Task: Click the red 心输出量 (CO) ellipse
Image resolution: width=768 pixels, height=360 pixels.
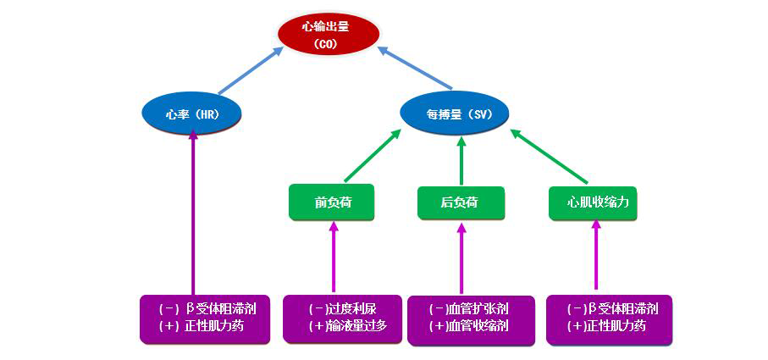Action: click(x=325, y=34)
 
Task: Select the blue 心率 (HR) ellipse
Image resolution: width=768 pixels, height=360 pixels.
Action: click(x=192, y=114)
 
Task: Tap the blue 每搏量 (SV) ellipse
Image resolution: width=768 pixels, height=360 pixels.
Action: click(x=456, y=114)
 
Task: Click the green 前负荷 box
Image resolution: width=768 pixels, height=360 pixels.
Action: click(x=332, y=202)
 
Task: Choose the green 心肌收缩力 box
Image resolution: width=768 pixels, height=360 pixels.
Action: click(x=592, y=202)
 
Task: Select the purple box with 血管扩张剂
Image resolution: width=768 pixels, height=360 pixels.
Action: click(x=471, y=319)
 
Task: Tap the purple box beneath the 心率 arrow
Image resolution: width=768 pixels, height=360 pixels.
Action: click(x=204, y=318)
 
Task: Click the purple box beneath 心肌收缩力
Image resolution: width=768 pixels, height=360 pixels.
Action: click(x=609, y=318)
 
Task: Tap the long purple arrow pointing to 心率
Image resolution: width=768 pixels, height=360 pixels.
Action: click(x=193, y=212)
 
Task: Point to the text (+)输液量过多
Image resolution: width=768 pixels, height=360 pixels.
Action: click(x=348, y=326)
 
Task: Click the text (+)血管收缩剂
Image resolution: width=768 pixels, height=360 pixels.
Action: click(x=471, y=327)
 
